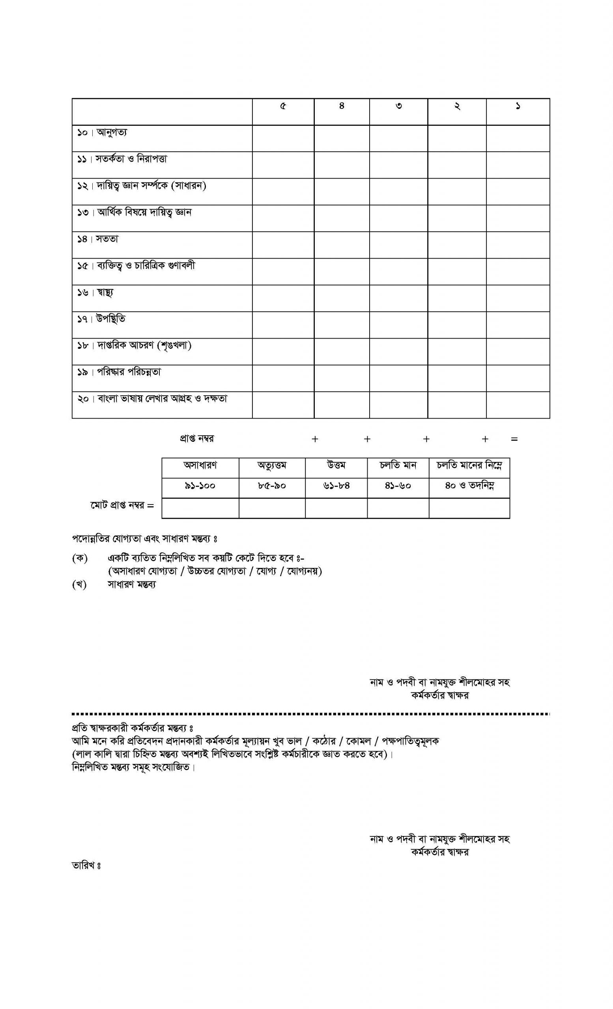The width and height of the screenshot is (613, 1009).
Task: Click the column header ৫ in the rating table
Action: coord(283,106)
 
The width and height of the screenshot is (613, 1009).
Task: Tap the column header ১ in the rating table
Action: coord(518,106)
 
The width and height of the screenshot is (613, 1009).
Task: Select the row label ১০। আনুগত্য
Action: coord(102,133)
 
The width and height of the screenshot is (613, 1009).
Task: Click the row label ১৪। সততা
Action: coord(98,239)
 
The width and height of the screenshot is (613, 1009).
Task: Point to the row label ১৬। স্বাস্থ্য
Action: coord(95,293)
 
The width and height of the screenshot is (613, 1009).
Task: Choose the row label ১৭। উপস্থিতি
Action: coord(101,319)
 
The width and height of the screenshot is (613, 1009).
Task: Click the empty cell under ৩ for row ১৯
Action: coord(398,378)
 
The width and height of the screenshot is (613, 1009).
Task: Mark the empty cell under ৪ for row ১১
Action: coord(341,165)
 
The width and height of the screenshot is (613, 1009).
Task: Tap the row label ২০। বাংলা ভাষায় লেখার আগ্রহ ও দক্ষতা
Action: coord(152,399)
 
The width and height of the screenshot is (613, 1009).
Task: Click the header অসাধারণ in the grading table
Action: coord(200,465)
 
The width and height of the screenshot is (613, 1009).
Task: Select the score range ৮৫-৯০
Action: coord(272,486)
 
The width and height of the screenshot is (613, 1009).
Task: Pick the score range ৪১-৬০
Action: coord(398,486)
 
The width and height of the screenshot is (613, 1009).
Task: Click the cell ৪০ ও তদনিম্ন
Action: coord(469,486)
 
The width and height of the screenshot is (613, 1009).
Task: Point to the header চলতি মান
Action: coord(398,465)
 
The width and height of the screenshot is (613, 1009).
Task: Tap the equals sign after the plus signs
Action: coord(514,439)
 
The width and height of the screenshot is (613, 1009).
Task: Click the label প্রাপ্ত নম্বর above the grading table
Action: coord(197,439)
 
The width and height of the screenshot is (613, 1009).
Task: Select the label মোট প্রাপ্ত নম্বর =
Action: coord(122,506)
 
